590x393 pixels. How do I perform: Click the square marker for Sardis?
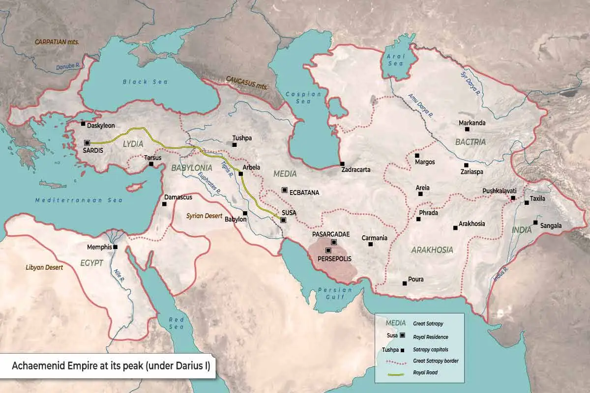pos(87,143)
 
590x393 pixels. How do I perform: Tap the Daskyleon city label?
pos(101,126)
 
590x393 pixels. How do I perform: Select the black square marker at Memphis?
pos(115,247)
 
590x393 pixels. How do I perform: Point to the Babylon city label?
pos(235,220)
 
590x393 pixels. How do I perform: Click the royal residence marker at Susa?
pos(283,220)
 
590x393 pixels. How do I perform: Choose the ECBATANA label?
pos(305,193)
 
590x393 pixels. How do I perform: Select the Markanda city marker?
pos(467,129)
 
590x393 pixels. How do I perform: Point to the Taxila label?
pos(537,200)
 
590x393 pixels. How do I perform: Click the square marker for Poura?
pos(404,283)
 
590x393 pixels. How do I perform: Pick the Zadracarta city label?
pos(355,170)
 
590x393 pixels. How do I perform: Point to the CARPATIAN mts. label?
pos(57,42)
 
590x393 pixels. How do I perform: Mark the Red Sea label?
pos(176,323)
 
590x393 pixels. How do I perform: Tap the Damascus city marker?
pos(164,204)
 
